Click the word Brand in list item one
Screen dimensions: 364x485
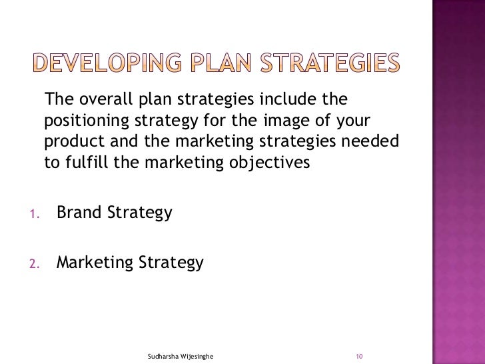coord(79,213)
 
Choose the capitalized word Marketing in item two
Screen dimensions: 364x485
coord(95,263)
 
